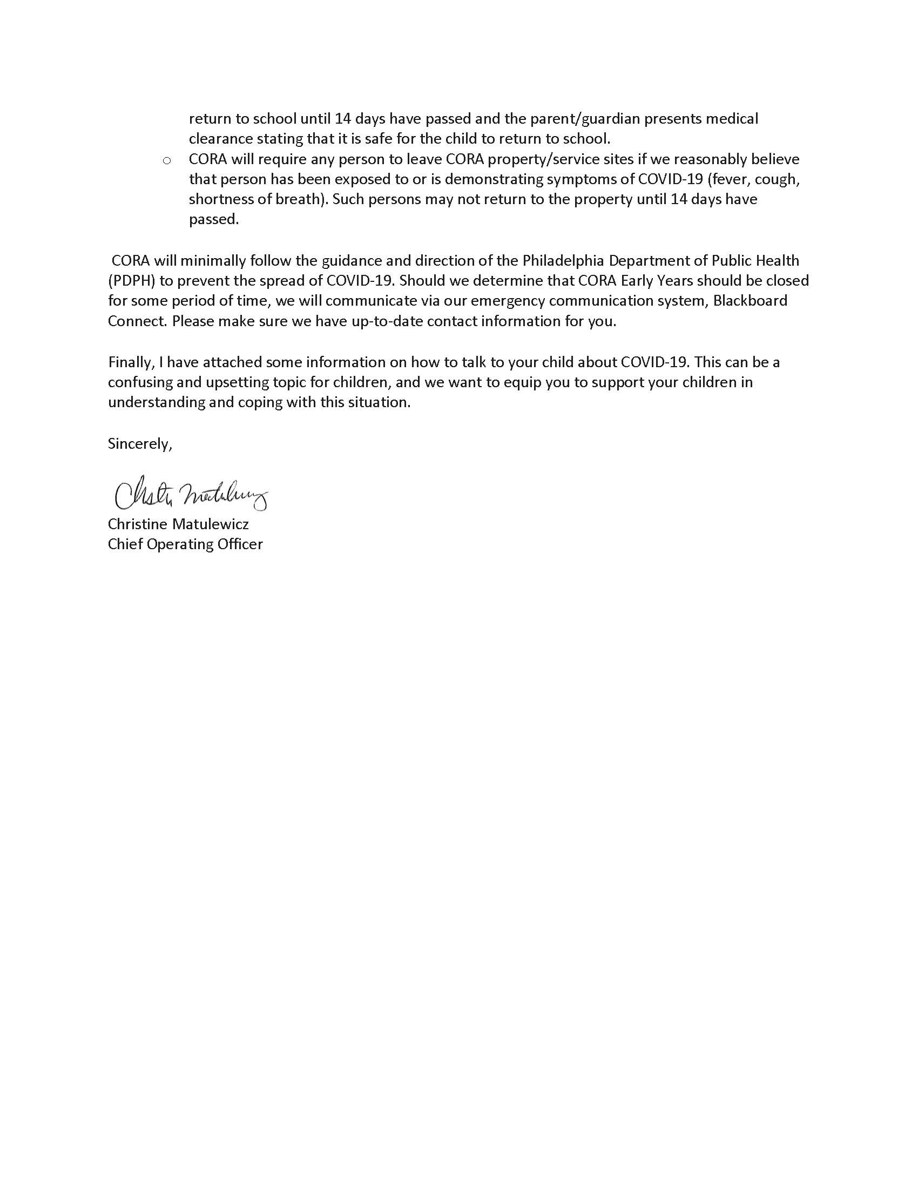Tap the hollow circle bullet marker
point(167,160)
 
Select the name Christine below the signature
point(138,524)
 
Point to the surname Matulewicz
point(211,524)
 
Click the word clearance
point(220,139)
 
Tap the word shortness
point(220,199)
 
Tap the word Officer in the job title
point(240,544)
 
